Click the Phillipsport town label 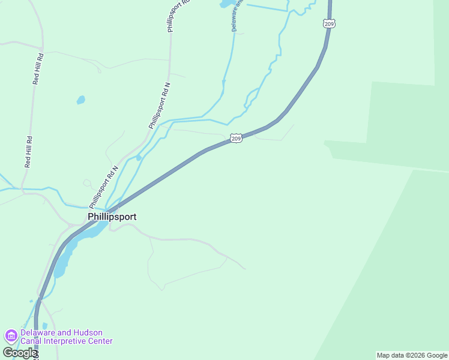click(x=112, y=217)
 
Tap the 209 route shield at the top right click(x=328, y=23)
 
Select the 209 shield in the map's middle click(x=236, y=139)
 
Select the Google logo click(x=19, y=353)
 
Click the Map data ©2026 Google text click(x=412, y=355)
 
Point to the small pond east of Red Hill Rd click(x=80, y=100)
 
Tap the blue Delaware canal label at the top click(x=235, y=16)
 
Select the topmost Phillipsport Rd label click(x=178, y=16)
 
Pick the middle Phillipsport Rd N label click(x=160, y=106)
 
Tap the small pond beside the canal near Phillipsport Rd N click(x=139, y=158)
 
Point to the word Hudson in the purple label click(x=87, y=332)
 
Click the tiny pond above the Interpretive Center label click(x=45, y=326)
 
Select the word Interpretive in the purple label click(x=65, y=341)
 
